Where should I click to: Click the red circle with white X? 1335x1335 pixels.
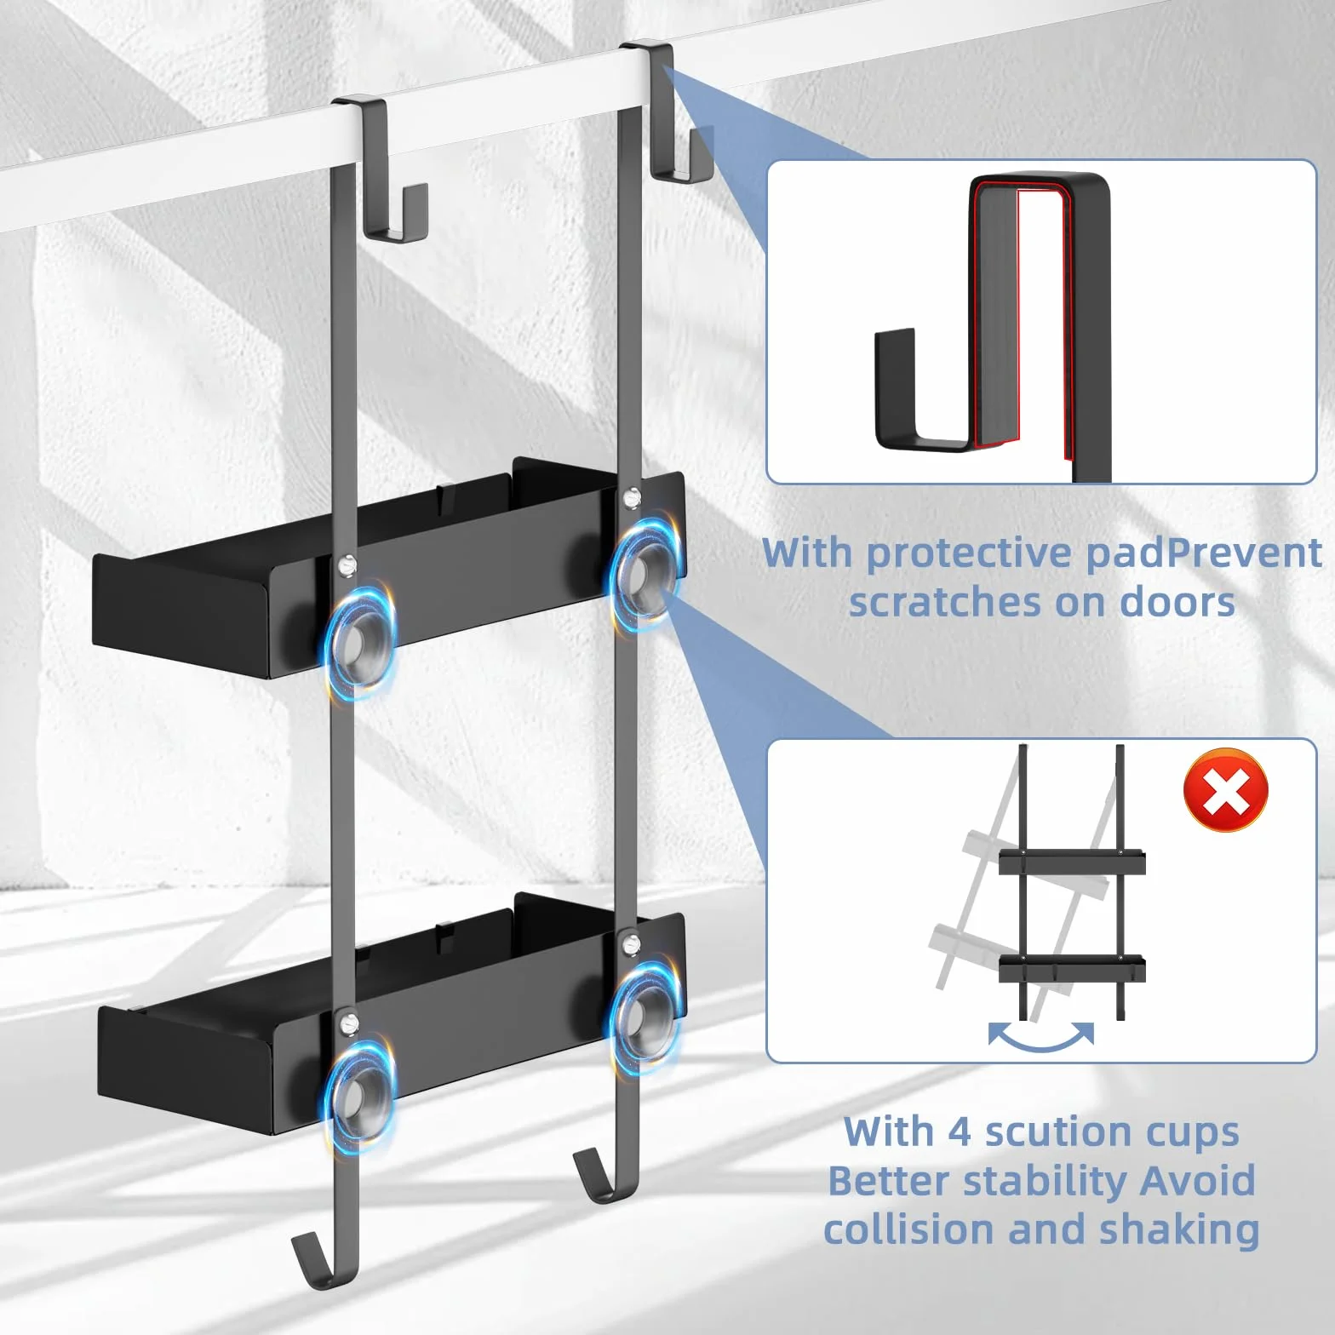(x=1225, y=790)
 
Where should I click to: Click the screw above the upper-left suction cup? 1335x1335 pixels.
(x=347, y=564)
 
